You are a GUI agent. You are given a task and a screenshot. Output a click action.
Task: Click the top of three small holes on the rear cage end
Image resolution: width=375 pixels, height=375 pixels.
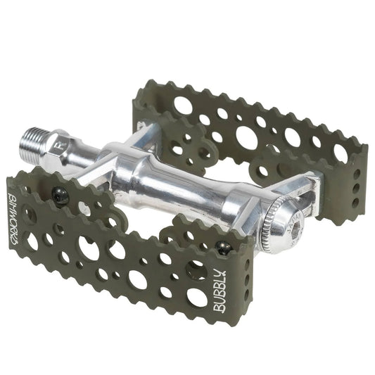coord(357,172)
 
